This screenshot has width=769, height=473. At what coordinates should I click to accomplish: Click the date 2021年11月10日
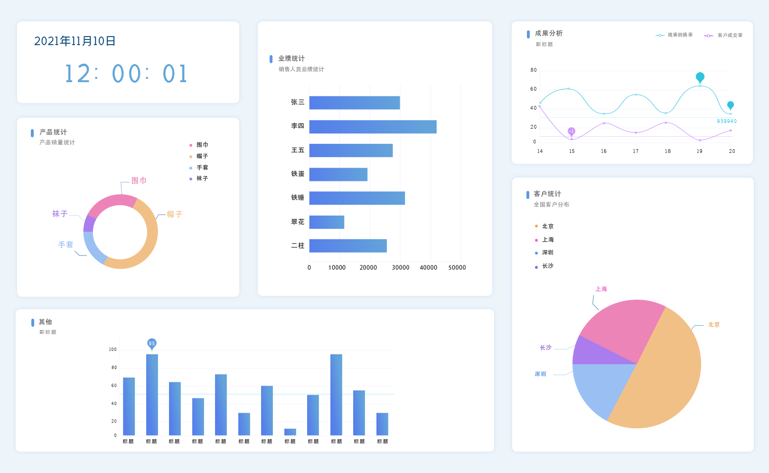pyautogui.click(x=75, y=41)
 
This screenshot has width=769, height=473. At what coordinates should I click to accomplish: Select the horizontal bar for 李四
pyautogui.click(x=373, y=127)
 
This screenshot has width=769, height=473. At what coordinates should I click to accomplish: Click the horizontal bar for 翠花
pyautogui.click(x=327, y=222)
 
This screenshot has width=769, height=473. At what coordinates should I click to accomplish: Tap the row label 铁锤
pyautogui.click(x=298, y=198)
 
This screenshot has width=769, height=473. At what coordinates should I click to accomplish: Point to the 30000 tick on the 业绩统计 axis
pyautogui.click(x=400, y=268)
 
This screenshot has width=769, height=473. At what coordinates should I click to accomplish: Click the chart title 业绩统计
pyautogui.click(x=291, y=58)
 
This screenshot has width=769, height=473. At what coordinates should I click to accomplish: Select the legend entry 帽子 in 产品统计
pyautogui.click(x=202, y=156)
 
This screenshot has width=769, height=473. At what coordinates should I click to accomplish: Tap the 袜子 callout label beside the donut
pyautogui.click(x=60, y=214)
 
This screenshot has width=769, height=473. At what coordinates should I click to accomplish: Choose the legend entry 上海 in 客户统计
pyautogui.click(x=547, y=240)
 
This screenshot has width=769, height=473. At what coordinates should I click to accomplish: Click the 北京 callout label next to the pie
pyautogui.click(x=714, y=325)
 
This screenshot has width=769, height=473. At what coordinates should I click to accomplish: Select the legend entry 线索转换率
pyautogui.click(x=680, y=35)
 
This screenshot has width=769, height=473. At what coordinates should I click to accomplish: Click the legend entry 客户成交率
pyautogui.click(x=730, y=35)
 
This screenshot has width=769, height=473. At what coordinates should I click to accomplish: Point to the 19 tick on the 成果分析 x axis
pyautogui.click(x=700, y=151)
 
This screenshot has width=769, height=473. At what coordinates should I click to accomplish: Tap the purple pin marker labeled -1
pyautogui.click(x=572, y=131)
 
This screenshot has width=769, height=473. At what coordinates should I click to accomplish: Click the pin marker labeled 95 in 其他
pyautogui.click(x=152, y=343)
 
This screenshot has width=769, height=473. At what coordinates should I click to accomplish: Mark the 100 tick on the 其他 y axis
pyautogui.click(x=113, y=350)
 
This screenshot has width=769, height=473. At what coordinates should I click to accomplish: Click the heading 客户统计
pyautogui.click(x=547, y=194)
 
